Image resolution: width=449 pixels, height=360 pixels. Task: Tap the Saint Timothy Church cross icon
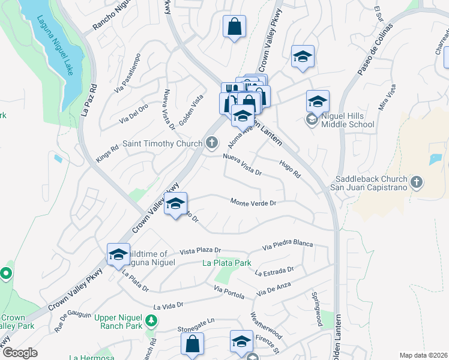211,143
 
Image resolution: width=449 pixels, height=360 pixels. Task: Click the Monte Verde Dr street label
253,203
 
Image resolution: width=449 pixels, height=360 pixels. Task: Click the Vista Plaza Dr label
200,250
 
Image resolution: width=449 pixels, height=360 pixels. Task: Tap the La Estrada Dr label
274,272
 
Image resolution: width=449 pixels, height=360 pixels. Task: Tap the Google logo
20,353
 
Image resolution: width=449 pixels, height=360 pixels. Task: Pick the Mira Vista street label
387,99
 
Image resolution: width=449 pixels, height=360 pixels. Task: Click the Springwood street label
316,310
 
